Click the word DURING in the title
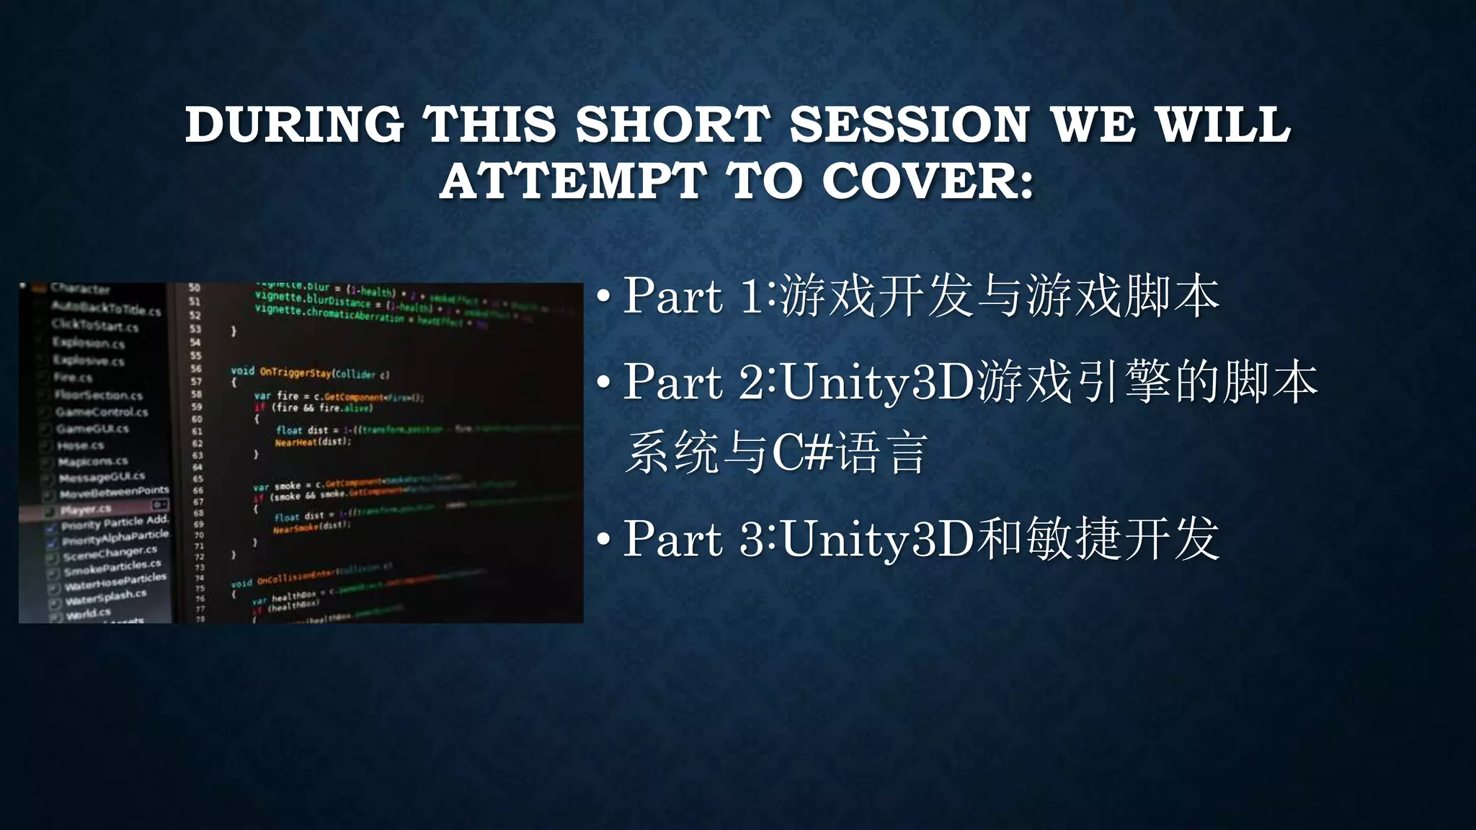294,125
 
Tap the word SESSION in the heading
910,125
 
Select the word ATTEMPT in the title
573,181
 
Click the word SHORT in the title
672,125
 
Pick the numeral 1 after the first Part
752,295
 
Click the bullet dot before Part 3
604,539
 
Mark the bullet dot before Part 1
604,295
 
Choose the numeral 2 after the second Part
752,382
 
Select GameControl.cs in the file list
102,412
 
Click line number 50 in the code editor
195,287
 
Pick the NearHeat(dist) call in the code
312,442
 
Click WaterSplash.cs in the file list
106,597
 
